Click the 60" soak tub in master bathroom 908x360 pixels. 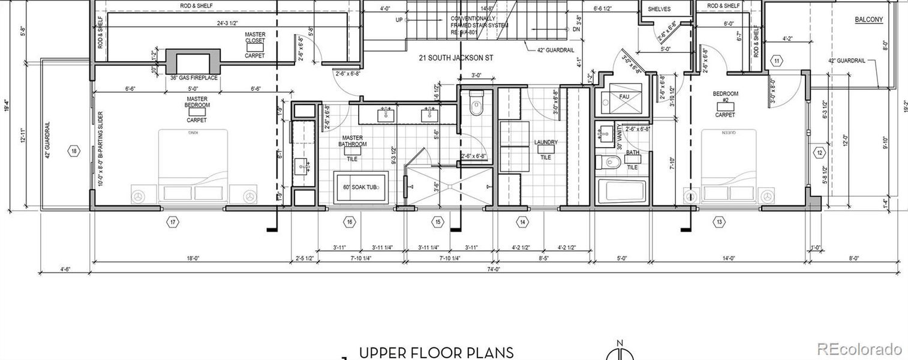tap(361, 187)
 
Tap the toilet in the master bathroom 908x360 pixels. tap(476, 104)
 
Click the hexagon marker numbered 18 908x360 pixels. tap(74, 151)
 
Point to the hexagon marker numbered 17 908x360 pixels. tap(173, 223)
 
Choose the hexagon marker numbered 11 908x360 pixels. tap(777, 61)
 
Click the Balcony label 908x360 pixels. tap(868, 20)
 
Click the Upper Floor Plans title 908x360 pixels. tap(436, 352)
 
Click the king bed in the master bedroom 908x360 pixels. tap(193, 165)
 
